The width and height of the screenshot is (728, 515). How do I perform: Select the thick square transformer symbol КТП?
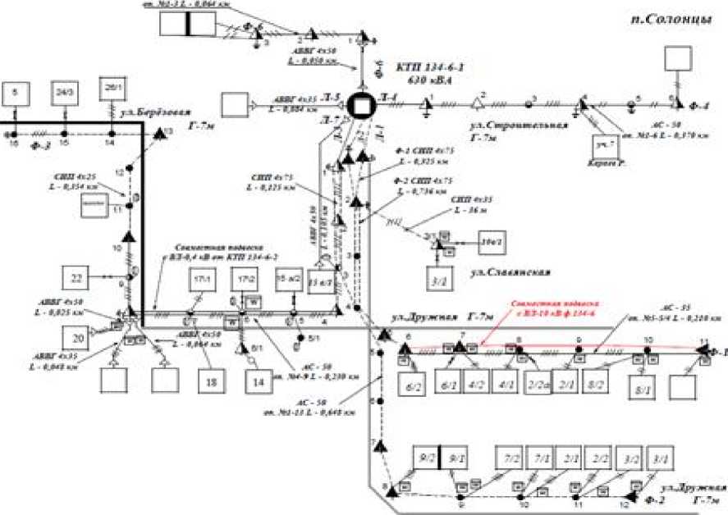(x=359, y=105)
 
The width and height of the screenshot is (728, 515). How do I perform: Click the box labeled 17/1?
(x=201, y=279)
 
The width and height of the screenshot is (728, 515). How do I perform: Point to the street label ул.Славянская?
(x=515, y=271)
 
